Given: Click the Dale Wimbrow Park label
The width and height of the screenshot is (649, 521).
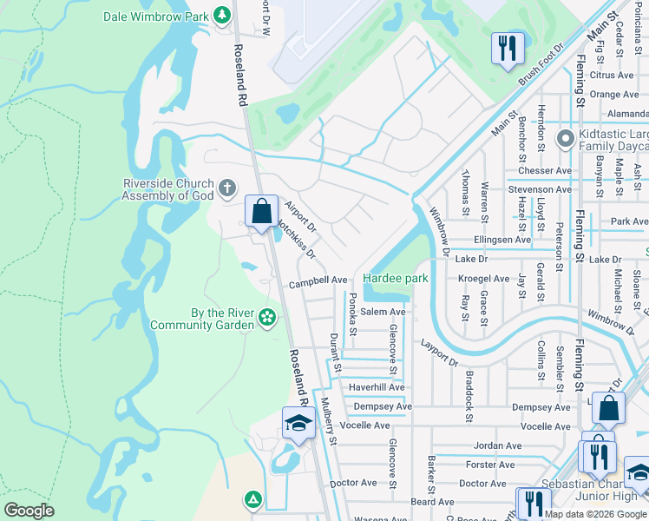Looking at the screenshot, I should click(x=157, y=16).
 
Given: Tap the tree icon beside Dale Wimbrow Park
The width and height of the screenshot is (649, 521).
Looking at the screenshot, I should click(x=222, y=16).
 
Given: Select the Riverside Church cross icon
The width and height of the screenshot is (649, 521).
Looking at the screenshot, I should click(x=226, y=187).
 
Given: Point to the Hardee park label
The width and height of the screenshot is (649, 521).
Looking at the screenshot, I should click(x=396, y=279).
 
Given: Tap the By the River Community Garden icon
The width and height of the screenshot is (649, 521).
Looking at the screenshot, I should click(x=267, y=318).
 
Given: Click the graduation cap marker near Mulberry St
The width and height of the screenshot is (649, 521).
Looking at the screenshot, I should click(x=298, y=424).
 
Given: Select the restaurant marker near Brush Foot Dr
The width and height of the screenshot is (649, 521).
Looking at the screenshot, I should click(x=508, y=47).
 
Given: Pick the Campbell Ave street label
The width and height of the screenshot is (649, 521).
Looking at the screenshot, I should click(x=318, y=280).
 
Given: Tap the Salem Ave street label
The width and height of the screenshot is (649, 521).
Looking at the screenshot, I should click(x=383, y=312).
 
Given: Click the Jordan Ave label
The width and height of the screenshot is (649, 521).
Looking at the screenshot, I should click(x=497, y=445).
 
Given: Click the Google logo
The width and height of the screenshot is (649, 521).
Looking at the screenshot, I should click(x=29, y=511).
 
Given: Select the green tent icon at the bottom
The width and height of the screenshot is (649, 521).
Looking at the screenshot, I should click(x=252, y=499).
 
